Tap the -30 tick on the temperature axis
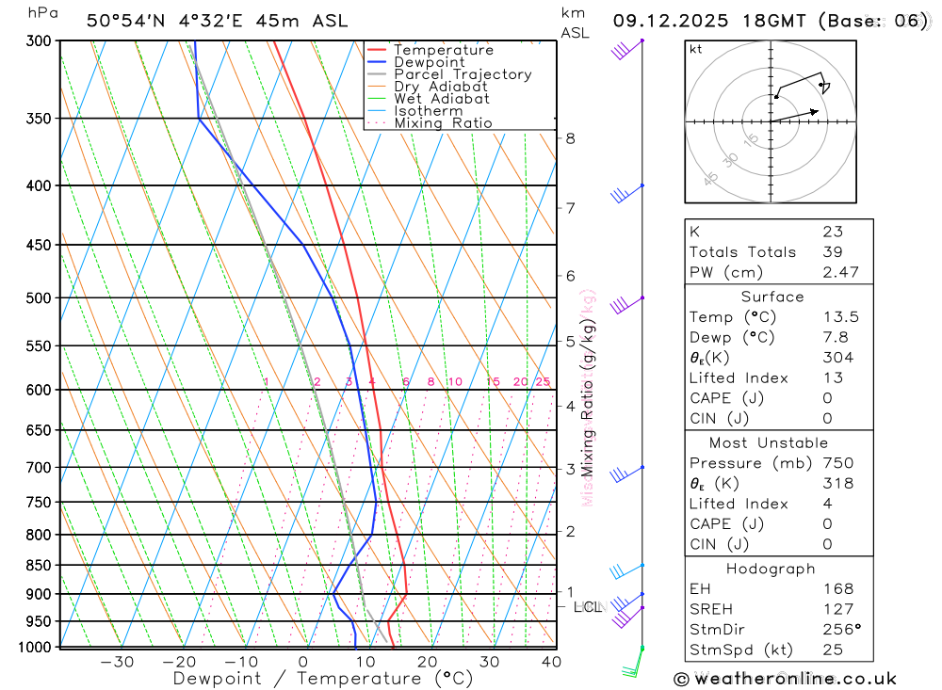point(117,662)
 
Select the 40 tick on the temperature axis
point(551,662)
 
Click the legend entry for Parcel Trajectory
point(463,74)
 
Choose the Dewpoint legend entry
point(429,62)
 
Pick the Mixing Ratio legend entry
point(443,123)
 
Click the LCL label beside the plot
point(588,607)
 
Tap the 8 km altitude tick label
point(570,138)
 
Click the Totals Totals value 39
point(833,251)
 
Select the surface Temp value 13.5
point(840,317)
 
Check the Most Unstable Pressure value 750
point(837,463)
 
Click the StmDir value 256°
point(838,629)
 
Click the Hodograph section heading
point(771,569)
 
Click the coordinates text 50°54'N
point(129,21)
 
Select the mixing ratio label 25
point(543,381)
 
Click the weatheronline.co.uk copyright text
point(786,678)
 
